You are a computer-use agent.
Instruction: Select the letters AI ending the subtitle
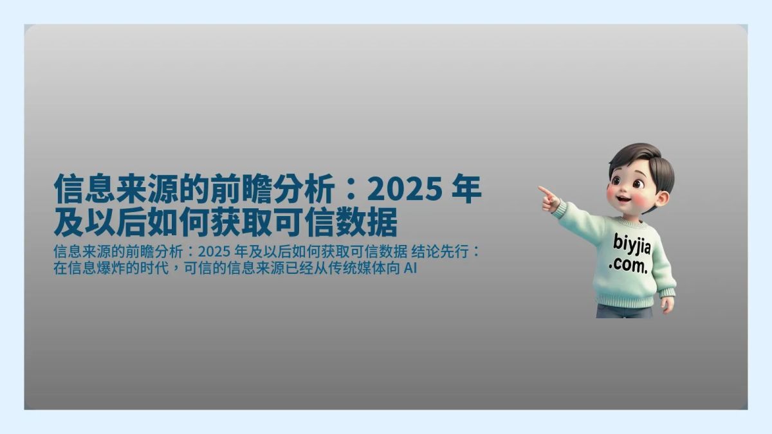pos(410,268)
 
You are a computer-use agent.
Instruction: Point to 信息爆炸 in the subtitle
pos(92,268)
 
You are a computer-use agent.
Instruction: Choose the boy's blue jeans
pos(623,311)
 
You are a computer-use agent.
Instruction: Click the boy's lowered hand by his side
pos(667,303)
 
